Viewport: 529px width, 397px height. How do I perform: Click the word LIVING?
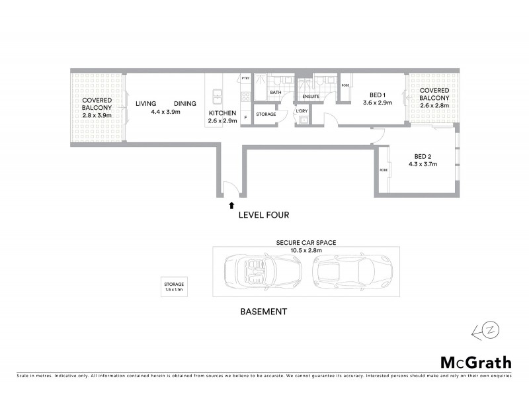[145, 104]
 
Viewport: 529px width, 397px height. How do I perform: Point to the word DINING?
[185, 104]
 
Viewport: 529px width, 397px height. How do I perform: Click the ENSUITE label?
[311, 97]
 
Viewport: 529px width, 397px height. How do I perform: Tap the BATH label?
[276, 93]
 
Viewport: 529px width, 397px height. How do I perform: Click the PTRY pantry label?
[245, 79]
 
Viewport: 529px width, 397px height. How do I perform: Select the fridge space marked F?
[245, 118]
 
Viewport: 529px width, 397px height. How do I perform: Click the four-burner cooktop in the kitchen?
[245, 97]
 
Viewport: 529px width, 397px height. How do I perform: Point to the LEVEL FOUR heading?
[263, 215]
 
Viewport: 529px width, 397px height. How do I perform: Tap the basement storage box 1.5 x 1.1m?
[175, 287]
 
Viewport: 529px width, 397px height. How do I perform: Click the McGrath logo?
[475, 362]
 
